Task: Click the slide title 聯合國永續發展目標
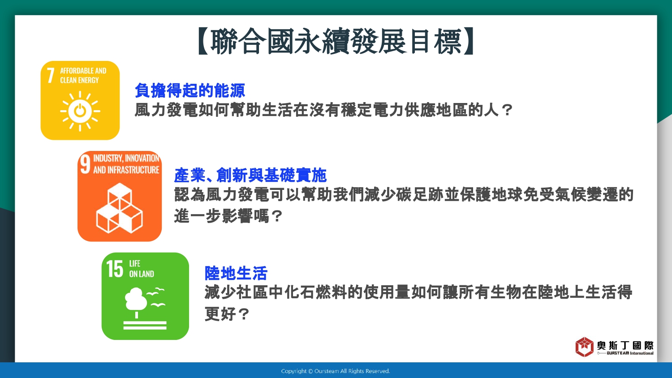(336, 41)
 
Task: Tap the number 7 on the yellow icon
(50, 75)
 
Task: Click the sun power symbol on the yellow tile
(80, 112)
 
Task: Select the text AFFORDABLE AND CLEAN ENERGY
(83, 75)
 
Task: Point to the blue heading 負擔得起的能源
(190, 90)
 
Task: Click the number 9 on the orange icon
(85, 164)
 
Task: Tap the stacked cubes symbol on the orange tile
(120, 208)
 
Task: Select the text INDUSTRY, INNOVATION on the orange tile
(126, 158)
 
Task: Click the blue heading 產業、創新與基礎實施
(250, 175)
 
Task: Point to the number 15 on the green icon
(115, 269)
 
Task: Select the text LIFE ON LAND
(141, 269)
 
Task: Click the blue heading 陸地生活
(236, 273)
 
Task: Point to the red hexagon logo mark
(584, 347)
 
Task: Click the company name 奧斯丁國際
(625, 346)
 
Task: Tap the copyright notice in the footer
(336, 371)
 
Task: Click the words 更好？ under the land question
(227, 314)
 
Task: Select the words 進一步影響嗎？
(228, 216)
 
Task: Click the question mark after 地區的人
(507, 110)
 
